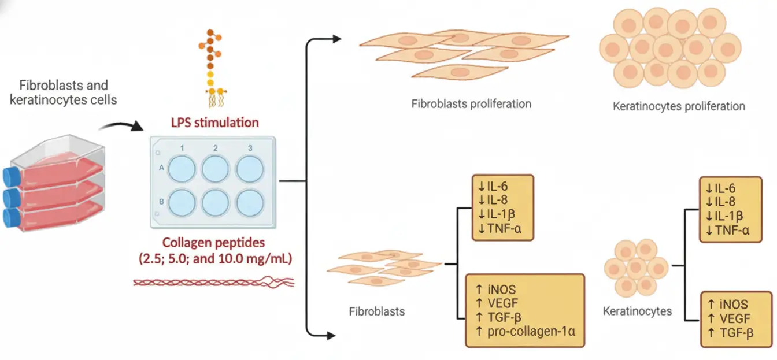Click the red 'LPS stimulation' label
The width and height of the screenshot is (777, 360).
click(215, 123)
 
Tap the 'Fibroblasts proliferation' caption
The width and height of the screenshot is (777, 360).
click(471, 104)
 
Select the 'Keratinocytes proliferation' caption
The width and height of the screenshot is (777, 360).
click(679, 106)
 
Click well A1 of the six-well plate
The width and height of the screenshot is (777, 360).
click(182, 168)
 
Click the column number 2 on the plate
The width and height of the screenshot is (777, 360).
click(216, 149)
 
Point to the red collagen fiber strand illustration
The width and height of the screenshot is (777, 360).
click(214, 282)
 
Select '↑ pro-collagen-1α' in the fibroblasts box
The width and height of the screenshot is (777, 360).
click(524, 331)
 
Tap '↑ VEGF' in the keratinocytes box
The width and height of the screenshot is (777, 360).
click(728, 318)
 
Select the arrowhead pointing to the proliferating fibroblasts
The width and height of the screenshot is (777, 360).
click(336, 39)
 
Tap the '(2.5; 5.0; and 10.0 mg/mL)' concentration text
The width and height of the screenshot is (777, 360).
click(215, 259)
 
